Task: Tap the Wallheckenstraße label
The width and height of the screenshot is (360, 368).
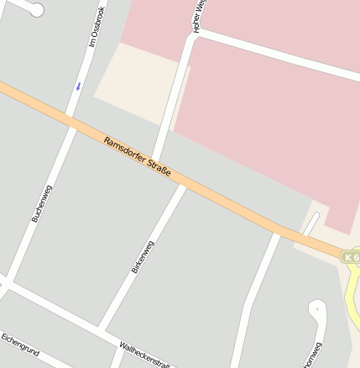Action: click(146, 356)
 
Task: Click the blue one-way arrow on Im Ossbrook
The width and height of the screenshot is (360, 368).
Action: click(78, 85)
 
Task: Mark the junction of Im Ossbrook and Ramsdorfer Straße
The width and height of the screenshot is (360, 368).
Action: click(72, 118)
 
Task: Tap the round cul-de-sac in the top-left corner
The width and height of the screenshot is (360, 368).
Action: click(34, 8)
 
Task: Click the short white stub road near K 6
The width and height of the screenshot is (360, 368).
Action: click(312, 222)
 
